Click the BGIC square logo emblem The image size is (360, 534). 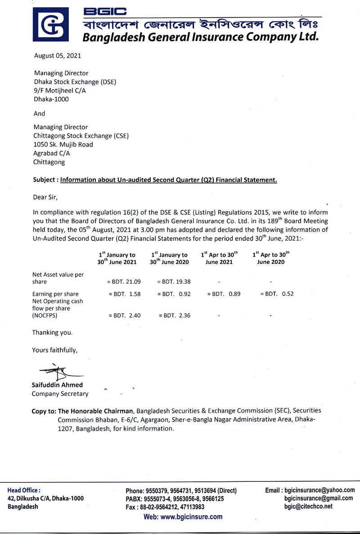point(51,25)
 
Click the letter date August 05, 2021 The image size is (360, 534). point(58,56)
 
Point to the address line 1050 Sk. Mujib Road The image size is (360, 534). point(63,145)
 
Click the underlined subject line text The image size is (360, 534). point(169,180)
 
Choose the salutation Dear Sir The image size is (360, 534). point(46,197)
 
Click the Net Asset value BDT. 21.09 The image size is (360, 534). point(124,282)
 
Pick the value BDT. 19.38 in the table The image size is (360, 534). point(174,282)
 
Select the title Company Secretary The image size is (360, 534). point(60,394)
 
